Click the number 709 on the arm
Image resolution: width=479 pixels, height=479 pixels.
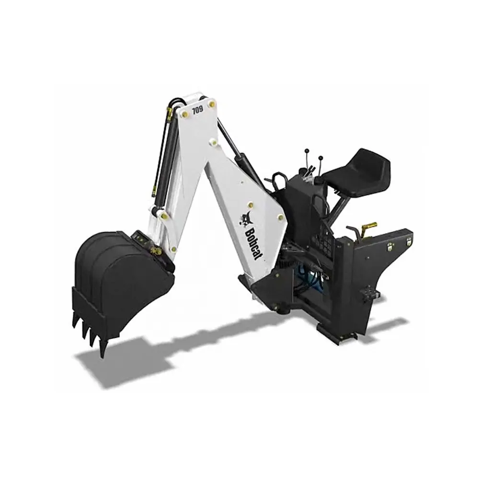pos(198,110)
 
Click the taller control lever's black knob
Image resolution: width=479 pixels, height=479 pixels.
pos(307,151)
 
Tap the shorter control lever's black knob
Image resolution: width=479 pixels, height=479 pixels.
pos(320,158)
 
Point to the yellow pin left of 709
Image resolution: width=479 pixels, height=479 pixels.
pos(184,114)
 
